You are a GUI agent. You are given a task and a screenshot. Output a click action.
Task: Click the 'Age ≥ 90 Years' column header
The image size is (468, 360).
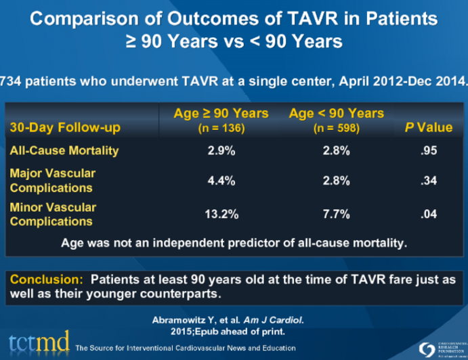(x=221, y=114)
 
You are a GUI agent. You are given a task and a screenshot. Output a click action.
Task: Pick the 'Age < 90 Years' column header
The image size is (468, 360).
(x=336, y=114)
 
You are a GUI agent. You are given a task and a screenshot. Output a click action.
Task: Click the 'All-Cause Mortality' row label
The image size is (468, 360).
(x=64, y=150)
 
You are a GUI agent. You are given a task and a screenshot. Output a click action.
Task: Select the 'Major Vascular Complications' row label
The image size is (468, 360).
(x=53, y=180)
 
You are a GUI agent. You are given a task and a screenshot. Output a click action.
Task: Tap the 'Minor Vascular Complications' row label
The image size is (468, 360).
(x=53, y=214)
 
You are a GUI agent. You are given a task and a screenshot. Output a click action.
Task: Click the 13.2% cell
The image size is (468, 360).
(x=221, y=215)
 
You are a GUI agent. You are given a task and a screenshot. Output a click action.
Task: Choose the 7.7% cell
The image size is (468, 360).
(x=336, y=215)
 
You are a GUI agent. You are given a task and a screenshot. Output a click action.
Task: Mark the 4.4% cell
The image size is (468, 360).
(x=221, y=181)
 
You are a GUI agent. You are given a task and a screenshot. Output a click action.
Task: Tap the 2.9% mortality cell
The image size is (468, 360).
(x=221, y=151)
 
